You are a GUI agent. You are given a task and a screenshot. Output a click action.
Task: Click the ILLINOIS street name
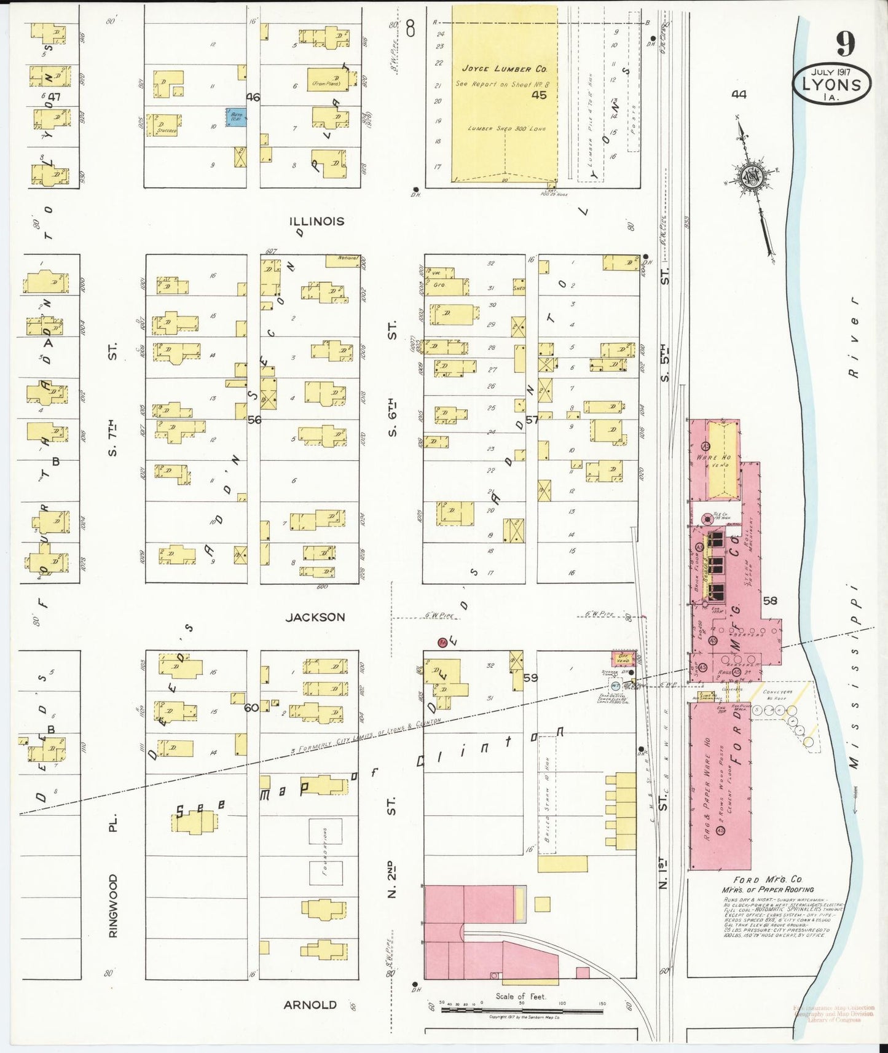pyautogui.click(x=316, y=221)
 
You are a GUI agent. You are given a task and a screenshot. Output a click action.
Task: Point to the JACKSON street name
pyautogui.click(x=315, y=617)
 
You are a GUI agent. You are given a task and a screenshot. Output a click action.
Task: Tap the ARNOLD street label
pyautogui.click(x=310, y=1005)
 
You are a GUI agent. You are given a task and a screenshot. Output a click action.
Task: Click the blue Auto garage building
pyautogui.click(x=236, y=117)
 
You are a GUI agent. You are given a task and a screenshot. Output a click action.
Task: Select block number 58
pyautogui.click(x=770, y=601)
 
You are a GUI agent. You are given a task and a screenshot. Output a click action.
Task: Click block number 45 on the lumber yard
pyautogui.click(x=539, y=95)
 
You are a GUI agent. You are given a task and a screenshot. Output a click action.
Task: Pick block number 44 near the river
pyautogui.click(x=739, y=94)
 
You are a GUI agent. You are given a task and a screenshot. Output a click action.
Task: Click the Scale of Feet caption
pyautogui.click(x=521, y=996)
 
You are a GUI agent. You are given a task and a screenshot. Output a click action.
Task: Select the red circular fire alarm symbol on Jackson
pyautogui.click(x=442, y=643)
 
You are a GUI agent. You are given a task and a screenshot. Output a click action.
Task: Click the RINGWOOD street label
pyautogui.click(x=112, y=906)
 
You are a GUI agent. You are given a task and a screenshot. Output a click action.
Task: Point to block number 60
pyautogui.click(x=251, y=707)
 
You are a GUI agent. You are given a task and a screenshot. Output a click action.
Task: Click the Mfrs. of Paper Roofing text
pyautogui.click(x=768, y=890)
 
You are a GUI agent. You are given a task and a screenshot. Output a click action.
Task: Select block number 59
pyautogui.click(x=530, y=678)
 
